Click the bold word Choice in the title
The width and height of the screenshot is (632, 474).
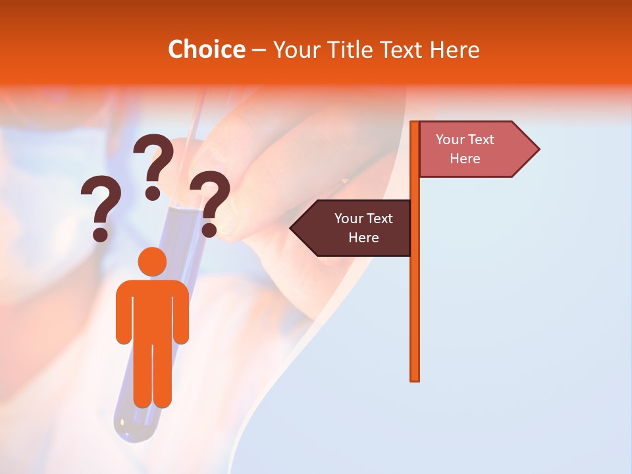click(206, 50)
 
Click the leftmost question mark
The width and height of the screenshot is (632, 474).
click(101, 211)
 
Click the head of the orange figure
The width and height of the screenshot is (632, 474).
click(153, 261)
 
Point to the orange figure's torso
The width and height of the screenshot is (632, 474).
click(153, 309)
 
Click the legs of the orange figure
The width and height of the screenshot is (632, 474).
click(153, 375)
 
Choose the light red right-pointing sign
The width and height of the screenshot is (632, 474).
click(471, 149)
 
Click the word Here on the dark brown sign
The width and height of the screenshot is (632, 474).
click(363, 238)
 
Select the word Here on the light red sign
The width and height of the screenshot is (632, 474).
click(465, 159)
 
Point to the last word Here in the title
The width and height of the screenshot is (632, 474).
click(454, 50)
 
